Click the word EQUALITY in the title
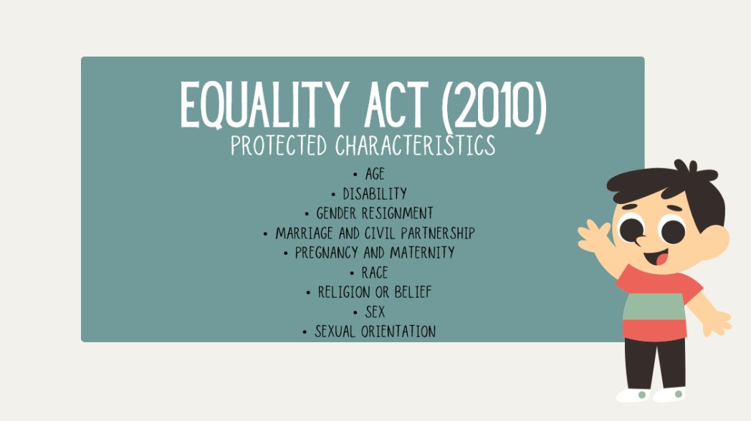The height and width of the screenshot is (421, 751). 264,105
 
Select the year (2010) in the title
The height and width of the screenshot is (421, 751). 494,106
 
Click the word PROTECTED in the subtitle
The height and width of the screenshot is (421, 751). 279,145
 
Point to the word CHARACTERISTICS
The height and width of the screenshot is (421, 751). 415,145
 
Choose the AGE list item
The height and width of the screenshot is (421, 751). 375,174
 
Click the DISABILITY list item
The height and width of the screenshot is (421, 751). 375,194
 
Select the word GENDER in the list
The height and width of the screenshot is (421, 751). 336,213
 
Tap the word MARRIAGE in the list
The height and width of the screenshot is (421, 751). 304,233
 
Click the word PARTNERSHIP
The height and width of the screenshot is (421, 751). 438,233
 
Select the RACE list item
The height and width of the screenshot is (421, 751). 375,273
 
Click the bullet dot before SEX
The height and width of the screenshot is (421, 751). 355,313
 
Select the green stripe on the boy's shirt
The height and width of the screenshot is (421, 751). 654,306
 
